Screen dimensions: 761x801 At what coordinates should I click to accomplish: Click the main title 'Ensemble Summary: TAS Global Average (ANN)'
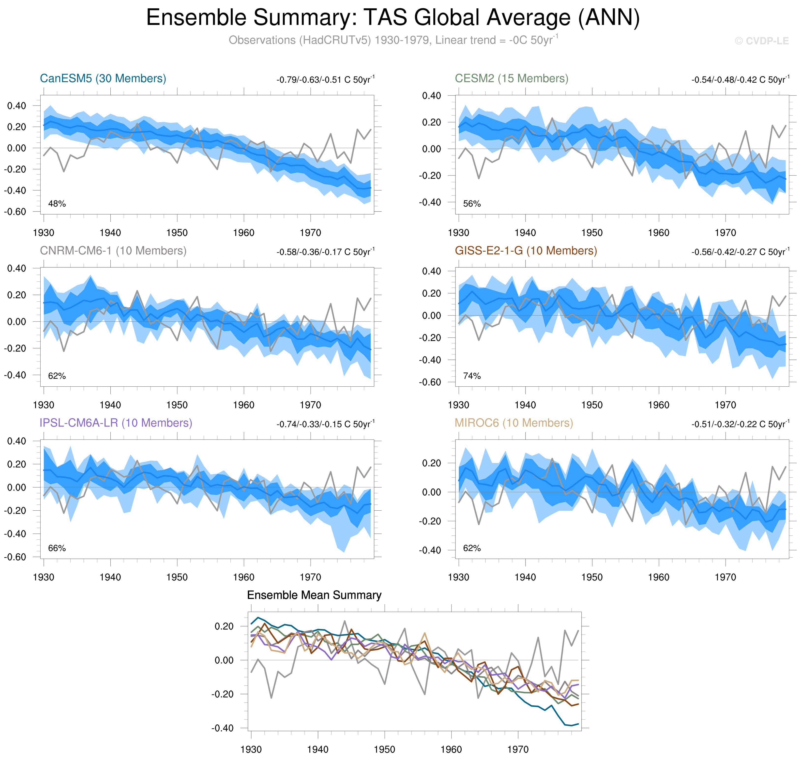393,18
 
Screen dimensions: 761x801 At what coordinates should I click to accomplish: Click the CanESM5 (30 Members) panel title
103,78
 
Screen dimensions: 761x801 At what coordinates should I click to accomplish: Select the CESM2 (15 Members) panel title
512,78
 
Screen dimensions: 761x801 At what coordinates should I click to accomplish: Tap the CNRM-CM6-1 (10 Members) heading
113,251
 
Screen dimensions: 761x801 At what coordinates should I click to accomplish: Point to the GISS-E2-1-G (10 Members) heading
526,251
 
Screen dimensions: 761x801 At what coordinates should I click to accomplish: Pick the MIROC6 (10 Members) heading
514,423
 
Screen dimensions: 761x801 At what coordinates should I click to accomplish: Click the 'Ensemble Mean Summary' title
314,595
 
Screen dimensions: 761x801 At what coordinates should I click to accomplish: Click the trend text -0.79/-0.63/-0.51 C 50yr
325,79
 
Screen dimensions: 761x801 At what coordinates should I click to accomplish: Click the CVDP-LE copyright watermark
762,41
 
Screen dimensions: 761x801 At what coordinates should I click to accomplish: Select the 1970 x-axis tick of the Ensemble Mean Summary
518,749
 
